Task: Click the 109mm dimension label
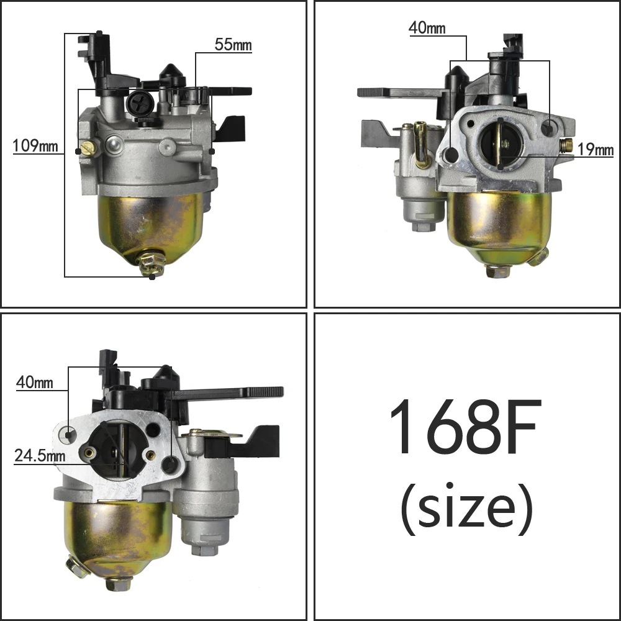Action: click(35, 146)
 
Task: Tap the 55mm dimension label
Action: click(233, 44)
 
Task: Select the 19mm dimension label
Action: click(596, 150)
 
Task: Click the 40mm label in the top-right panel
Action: click(427, 28)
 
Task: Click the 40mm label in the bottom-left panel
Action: click(34, 383)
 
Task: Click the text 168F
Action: click(466, 427)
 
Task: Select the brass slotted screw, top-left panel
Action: click(87, 149)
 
